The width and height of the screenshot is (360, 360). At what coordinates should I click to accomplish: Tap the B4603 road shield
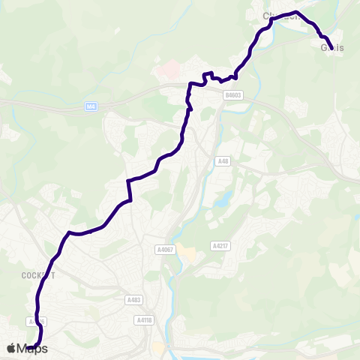(x=233, y=95)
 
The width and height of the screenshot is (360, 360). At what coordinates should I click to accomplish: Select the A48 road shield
(x=223, y=161)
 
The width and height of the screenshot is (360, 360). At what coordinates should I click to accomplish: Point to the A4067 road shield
(x=165, y=249)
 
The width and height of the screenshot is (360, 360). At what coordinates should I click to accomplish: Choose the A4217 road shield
(x=220, y=245)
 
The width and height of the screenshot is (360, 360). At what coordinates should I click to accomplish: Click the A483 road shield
(x=133, y=300)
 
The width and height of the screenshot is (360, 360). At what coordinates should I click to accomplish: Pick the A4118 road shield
(x=144, y=319)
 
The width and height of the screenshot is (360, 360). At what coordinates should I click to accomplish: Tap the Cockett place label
(x=38, y=275)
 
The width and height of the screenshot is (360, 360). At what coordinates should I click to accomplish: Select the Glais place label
(x=332, y=48)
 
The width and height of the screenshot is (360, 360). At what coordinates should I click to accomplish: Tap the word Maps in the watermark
(x=32, y=348)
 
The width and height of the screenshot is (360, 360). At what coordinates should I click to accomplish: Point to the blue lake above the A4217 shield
(x=223, y=199)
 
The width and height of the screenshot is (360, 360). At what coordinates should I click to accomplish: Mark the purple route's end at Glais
(x=330, y=49)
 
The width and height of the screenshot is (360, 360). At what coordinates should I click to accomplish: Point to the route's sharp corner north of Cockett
(x=69, y=232)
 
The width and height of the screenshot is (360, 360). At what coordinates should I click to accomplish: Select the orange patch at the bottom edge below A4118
(x=158, y=349)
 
